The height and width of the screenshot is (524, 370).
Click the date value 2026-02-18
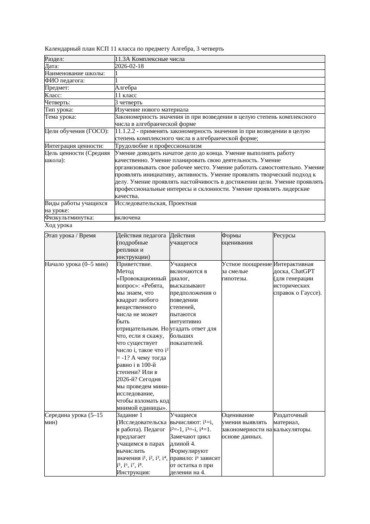129,66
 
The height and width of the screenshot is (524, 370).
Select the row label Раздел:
55,59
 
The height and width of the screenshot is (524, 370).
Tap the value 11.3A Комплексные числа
149,59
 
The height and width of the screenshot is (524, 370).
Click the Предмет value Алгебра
126,88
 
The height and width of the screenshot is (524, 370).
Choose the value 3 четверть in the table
128,103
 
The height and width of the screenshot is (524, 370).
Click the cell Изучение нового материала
151,110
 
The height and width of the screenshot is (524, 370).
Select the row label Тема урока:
61,117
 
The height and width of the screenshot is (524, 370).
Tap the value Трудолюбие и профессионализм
158,146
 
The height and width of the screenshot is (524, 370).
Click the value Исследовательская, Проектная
155,203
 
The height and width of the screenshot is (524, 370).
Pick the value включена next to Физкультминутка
128,218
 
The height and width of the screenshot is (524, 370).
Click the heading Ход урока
58,226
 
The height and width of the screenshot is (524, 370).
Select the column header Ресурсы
285,236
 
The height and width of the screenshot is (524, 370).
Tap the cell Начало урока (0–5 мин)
77,264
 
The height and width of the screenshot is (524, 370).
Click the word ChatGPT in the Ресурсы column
302,271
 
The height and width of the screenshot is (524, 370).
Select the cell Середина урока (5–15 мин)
74,419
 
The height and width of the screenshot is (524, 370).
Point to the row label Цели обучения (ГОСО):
77,131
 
